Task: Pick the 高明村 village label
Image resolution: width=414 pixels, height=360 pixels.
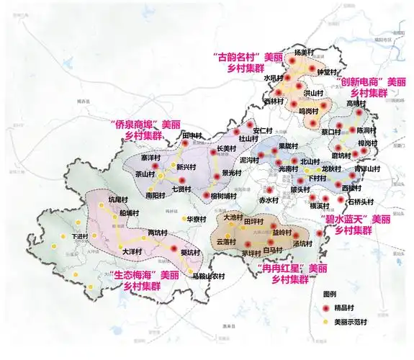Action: (x=357, y=104)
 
